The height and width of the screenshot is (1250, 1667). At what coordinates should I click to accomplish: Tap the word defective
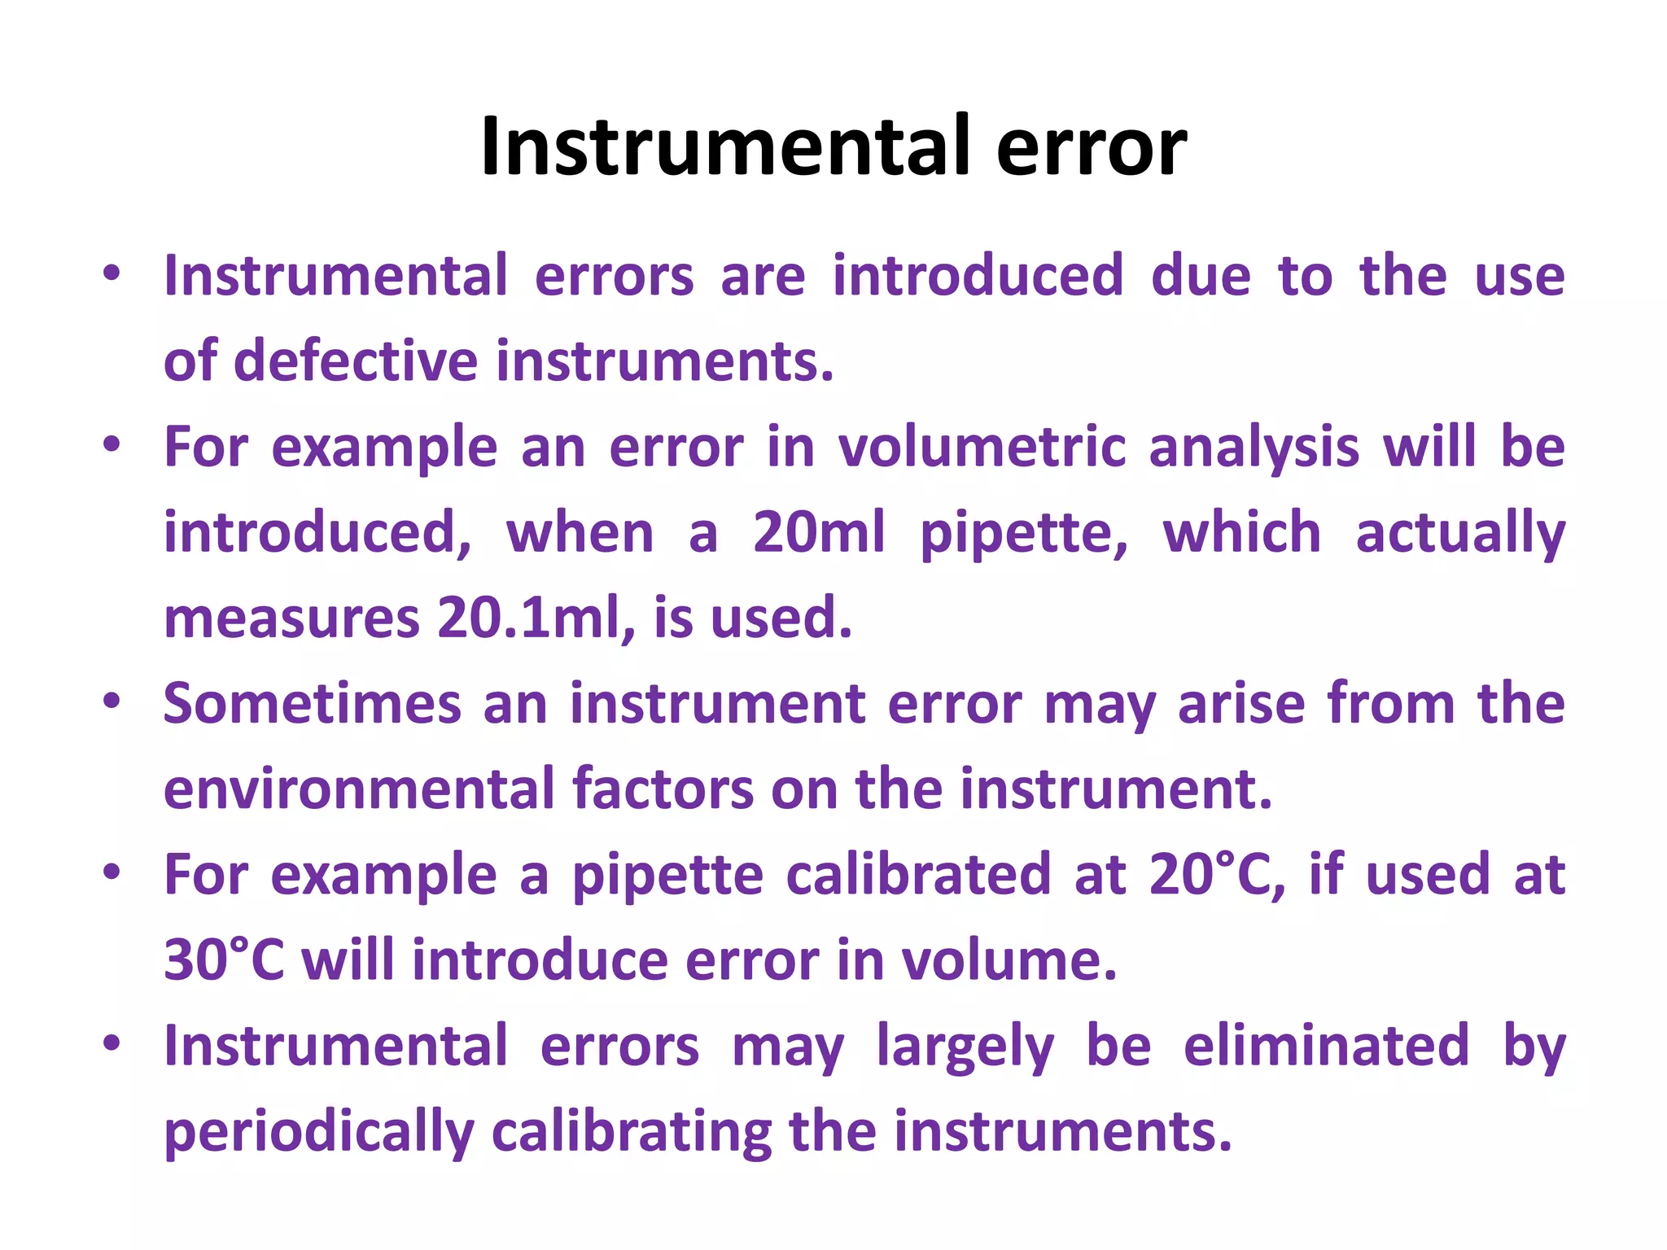(356, 361)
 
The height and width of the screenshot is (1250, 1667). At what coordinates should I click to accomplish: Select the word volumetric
(982, 447)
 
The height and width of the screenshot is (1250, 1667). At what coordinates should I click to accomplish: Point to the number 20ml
(818, 532)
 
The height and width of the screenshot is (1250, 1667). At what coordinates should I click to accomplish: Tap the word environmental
(358, 789)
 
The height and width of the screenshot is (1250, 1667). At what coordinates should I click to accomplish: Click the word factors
(663, 789)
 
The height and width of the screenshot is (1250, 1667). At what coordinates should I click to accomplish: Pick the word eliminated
(1326, 1046)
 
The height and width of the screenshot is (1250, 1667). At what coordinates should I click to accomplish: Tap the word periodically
(318, 1132)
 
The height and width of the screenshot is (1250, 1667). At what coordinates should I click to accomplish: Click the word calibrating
(632, 1132)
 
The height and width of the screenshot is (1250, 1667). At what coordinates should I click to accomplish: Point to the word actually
(1460, 534)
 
